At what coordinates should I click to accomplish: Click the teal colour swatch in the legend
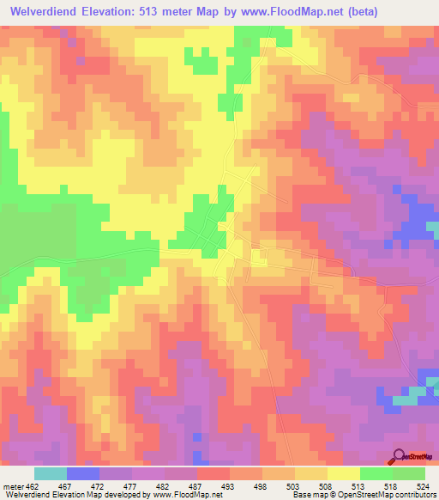[x=51, y=473]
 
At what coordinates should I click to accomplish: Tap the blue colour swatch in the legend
[x=83, y=473]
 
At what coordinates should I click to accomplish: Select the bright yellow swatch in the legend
[x=344, y=473]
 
